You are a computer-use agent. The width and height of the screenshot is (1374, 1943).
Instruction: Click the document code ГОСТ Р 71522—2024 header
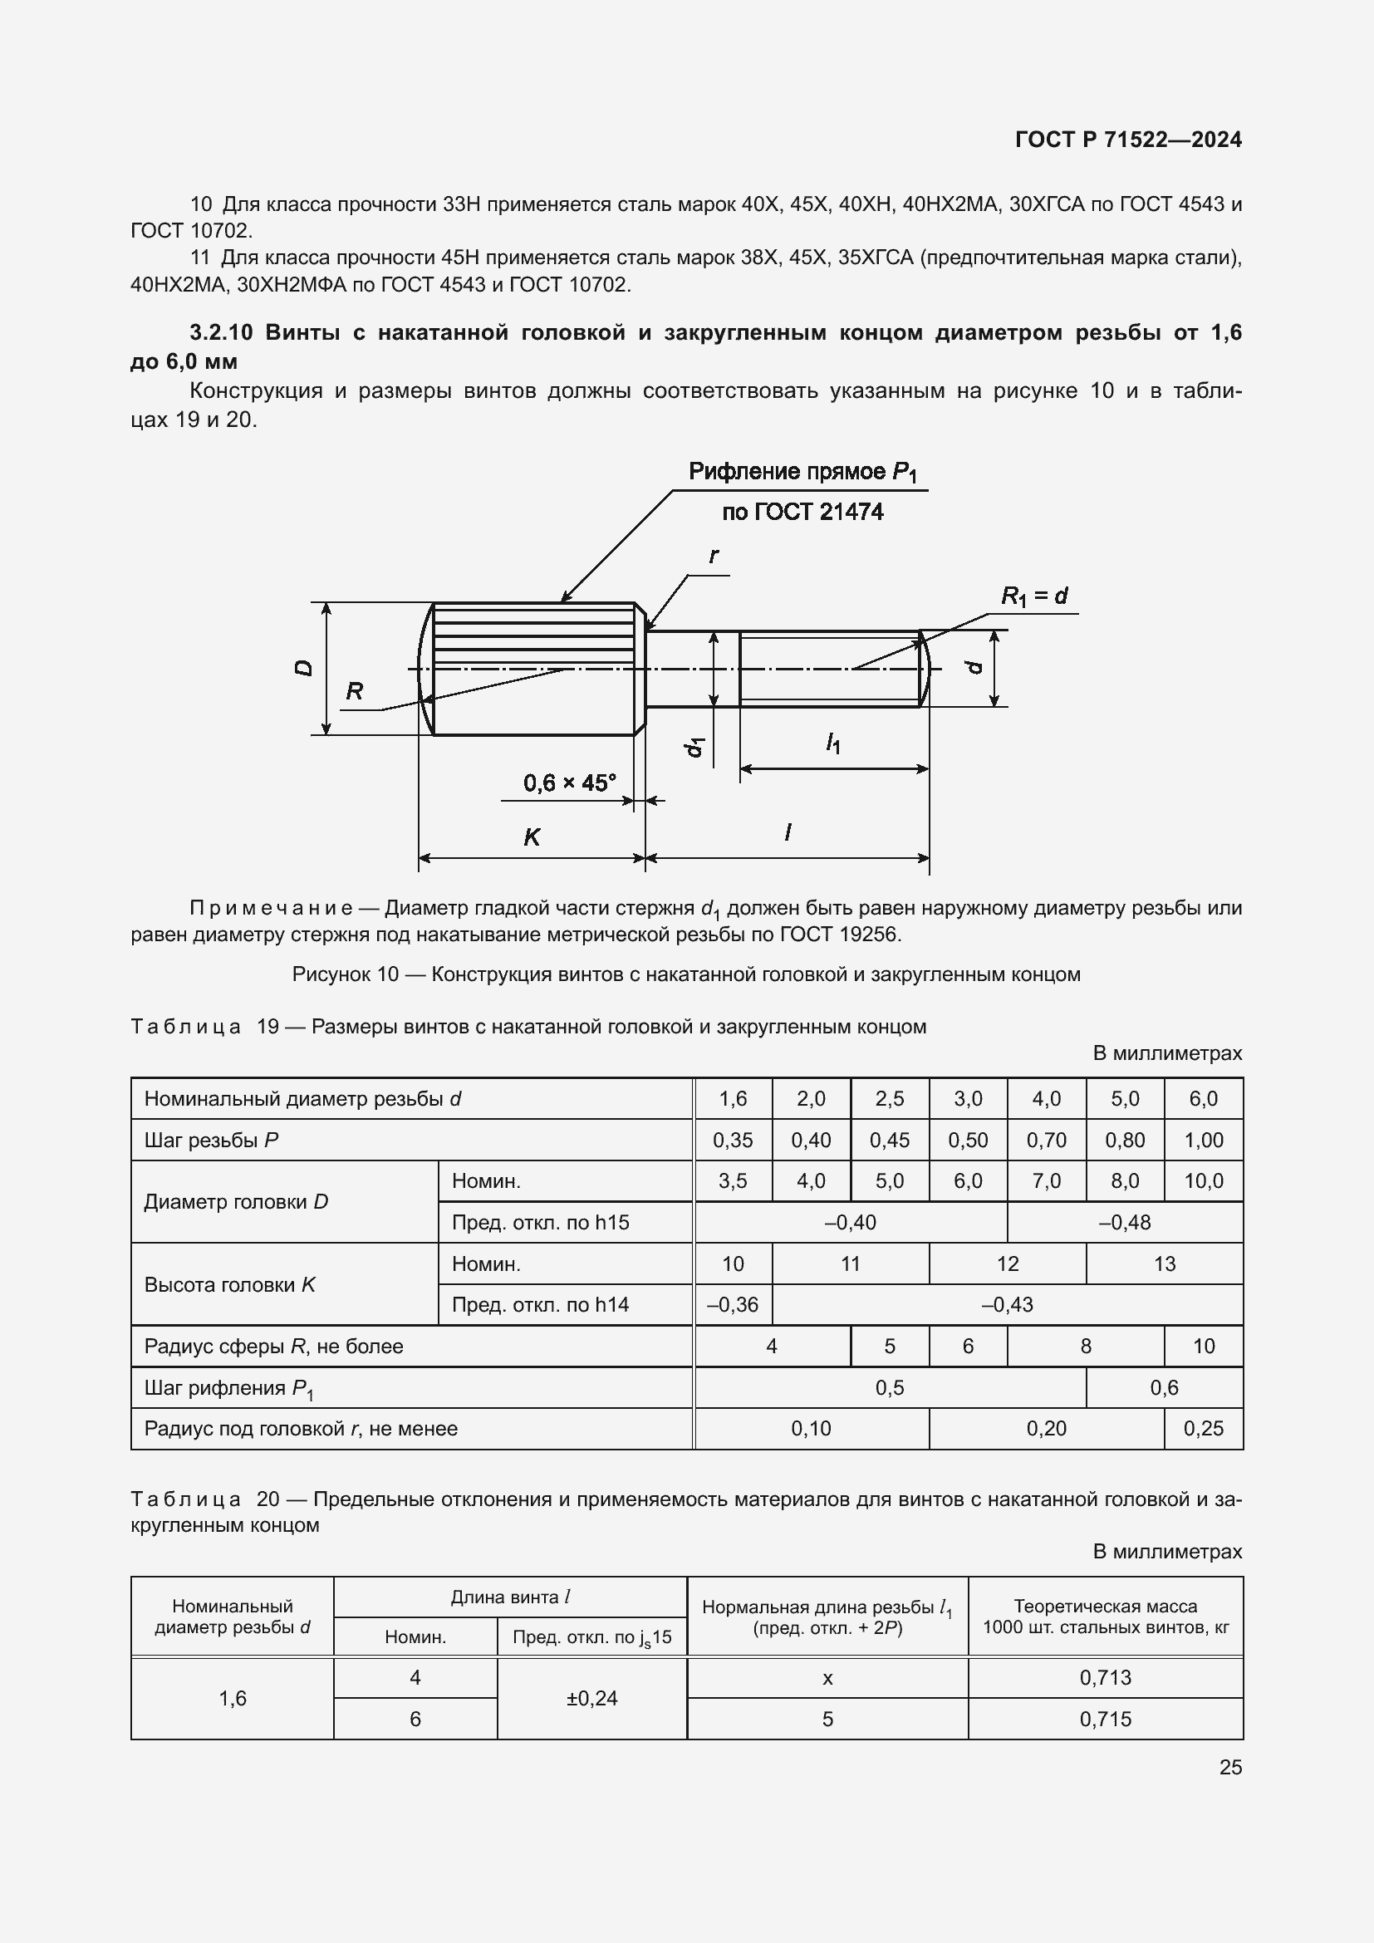click(x=1128, y=140)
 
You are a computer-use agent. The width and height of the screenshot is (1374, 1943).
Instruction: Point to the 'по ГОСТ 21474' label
click(x=802, y=512)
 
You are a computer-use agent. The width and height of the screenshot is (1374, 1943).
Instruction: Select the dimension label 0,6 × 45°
click(x=569, y=783)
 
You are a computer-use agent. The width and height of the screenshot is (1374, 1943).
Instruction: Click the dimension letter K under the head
click(x=532, y=837)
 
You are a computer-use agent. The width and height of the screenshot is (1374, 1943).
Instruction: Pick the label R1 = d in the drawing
click(x=1034, y=596)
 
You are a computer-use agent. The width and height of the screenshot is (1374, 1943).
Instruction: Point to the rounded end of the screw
click(x=925, y=668)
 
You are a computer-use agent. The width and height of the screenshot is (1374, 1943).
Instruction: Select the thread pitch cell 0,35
click(x=733, y=1140)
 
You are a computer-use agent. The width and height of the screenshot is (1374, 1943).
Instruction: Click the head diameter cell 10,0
click(x=1203, y=1180)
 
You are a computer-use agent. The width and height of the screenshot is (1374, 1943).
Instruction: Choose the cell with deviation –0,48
click(x=1125, y=1222)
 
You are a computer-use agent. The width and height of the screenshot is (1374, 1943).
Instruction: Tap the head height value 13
click(x=1164, y=1263)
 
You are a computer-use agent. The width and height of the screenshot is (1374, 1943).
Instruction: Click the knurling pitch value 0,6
click(x=1164, y=1387)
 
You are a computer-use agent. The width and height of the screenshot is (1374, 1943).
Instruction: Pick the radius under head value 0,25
click(x=1203, y=1429)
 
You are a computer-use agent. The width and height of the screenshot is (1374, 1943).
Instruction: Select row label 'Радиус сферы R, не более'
click(x=273, y=1347)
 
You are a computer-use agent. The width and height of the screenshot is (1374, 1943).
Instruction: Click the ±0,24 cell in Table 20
click(x=591, y=1698)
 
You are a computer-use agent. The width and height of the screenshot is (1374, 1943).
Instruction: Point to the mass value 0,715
click(x=1105, y=1719)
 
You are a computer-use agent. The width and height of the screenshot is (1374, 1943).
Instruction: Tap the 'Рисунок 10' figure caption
click(x=685, y=974)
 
